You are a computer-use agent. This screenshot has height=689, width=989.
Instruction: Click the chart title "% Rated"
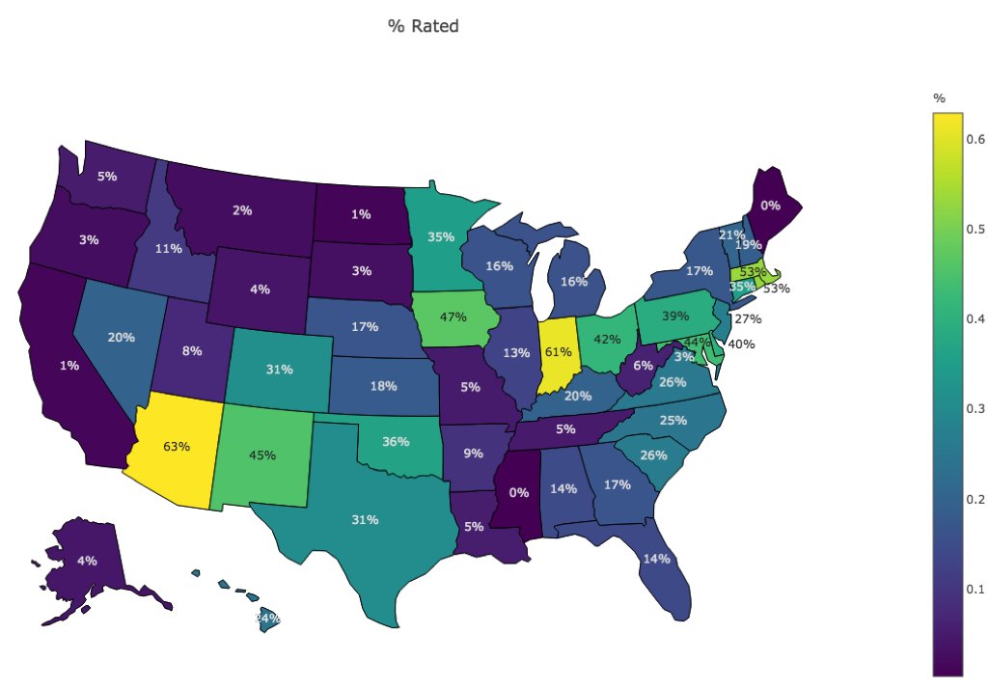point(424,26)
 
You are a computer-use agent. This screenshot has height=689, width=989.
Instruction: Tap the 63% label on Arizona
point(177,446)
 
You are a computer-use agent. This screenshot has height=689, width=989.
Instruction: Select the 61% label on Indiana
point(557,351)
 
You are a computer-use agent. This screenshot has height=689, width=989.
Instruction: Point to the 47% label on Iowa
point(453,317)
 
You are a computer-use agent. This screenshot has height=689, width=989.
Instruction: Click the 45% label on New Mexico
point(262,455)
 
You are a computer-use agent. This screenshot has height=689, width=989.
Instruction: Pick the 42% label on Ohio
point(606,339)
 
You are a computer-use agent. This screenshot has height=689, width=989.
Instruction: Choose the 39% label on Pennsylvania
point(674,317)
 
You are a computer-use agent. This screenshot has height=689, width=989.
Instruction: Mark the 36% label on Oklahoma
point(396,442)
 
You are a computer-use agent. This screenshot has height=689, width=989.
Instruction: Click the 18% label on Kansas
point(383,385)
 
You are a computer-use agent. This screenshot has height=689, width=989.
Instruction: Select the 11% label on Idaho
point(169,248)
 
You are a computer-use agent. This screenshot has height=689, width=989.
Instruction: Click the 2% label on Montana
point(242,210)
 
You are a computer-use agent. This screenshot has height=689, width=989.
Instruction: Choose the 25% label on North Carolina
point(673,420)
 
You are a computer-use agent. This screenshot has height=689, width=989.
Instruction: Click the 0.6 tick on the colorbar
point(975,139)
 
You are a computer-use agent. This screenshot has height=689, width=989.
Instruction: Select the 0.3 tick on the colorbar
point(975,409)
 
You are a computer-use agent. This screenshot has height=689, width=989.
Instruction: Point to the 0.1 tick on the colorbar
point(975,589)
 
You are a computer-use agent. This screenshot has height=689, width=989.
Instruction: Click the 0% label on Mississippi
point(518,492)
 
